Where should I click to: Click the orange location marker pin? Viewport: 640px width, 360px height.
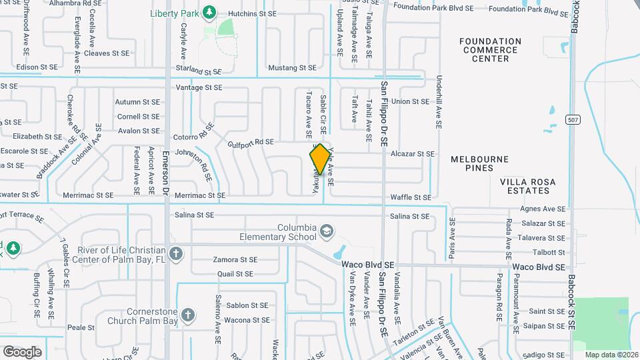tap(320, 159)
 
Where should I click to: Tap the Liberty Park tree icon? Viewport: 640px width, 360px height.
tap(209, 12)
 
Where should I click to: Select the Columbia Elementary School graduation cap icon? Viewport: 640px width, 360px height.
tap(327, 232)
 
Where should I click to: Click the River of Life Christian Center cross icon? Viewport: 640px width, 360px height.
tap(176, 253)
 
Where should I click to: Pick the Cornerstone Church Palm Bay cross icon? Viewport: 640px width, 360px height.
tap(189, 315)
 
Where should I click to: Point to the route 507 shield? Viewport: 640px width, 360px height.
tap(572, 119)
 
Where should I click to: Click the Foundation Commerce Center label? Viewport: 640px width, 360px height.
tap(490, 50)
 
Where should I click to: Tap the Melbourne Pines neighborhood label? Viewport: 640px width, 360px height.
tap(479, 163)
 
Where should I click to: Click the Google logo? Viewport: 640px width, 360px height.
tap(22, 352)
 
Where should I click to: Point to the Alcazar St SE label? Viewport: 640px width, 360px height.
tap(413, 154)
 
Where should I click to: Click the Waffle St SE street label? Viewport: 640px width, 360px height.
tap(411, 197)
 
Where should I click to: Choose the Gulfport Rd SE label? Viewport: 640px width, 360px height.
tap(251, 142)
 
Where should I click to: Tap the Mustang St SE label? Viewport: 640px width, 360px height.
tap(291, 68)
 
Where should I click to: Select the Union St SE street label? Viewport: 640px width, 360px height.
tap(410, 102)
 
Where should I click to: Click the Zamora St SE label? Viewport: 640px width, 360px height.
tap(235, 260)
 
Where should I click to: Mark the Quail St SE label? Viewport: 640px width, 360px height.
tap(235, 274)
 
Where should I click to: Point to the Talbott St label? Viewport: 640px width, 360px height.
tap(549, 253)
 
